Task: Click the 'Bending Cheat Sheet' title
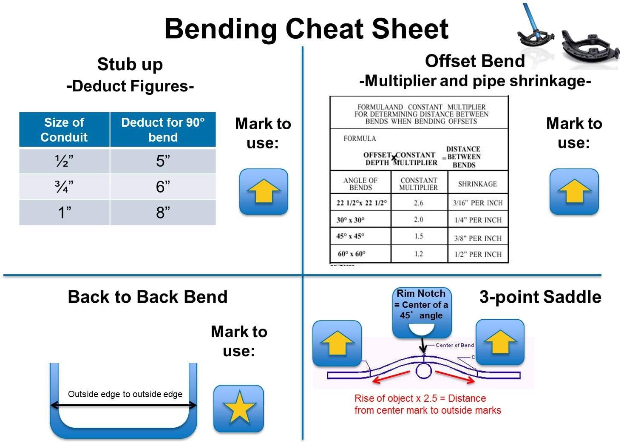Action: click(306, 29)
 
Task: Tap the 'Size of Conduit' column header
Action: click(64, 130)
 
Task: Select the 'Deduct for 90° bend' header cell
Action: click(163, 130)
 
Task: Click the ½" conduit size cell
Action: click(64, 161)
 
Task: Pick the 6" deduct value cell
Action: click(163, 187)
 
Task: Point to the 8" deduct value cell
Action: click(163, 212)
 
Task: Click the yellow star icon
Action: click(239, 408)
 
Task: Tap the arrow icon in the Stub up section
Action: click(264, 191)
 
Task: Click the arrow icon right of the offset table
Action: click(574, 191)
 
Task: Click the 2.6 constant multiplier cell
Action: click(419, 203)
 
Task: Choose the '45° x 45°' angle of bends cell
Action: click(360, 236)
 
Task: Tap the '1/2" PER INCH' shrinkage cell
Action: click(478, 254)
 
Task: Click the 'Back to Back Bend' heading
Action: click(147, 297)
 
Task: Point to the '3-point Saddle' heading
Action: click(540, 297)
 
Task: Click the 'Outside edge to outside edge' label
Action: click(125, 394)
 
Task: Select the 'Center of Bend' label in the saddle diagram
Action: click(454, 345)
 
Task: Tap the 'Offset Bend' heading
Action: click(475, 61)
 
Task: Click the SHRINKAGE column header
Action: click(477, 184)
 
